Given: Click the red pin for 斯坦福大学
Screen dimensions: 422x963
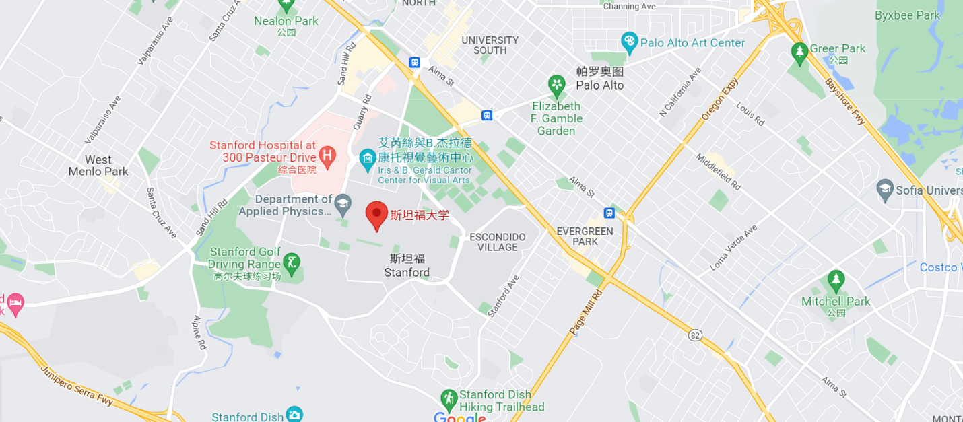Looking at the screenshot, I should click(x=376, y=215).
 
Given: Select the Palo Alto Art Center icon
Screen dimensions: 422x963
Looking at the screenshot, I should click(x=629, y=42).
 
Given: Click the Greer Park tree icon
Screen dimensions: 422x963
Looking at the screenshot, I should click(x=799, y=51).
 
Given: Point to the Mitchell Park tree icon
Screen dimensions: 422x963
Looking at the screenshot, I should click(x=836, y=279).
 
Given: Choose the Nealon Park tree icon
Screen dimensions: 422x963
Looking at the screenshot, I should click(x=287, y=5).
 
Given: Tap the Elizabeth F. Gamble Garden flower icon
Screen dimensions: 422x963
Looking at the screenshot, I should click(x=556, y=85).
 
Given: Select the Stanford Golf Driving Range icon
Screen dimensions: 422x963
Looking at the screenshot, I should click(x=292, y=262).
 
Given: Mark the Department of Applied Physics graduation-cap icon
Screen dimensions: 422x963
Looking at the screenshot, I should click(x=343, y=204).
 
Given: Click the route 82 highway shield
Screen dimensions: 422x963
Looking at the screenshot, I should click(x=696, y=335).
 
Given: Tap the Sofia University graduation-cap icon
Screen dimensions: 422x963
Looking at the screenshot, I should click(x=885, y=190).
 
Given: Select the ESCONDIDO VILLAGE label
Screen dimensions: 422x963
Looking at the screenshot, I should click(x=498, y=242).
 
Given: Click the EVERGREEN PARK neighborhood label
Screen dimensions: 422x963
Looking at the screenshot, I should click(x=585, y=236).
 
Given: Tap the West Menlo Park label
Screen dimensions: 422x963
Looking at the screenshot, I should click(x=98, y=166).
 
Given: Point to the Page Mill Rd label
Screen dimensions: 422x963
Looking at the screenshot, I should click(x=586, y=312).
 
